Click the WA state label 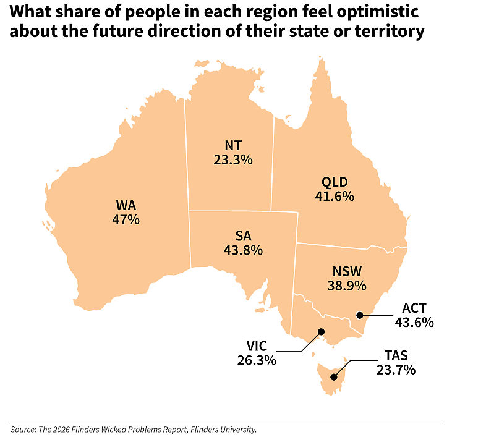126,205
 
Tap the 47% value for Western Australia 126,219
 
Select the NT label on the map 233,145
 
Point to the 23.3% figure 233,160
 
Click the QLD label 335,182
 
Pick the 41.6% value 335,197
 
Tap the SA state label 244,236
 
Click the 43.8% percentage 244,250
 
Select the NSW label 347,271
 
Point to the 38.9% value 347,286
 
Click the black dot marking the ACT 359,315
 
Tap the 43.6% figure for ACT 414,323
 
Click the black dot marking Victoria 322,332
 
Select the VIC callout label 257,346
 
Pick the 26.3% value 257,360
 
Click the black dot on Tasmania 334,377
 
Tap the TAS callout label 396,356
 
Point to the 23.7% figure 396,370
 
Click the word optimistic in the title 378,12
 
